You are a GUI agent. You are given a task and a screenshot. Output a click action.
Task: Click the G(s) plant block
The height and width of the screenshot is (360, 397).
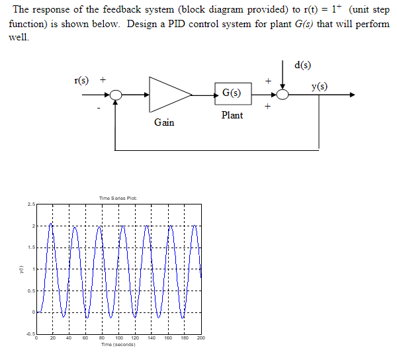click(232, 95)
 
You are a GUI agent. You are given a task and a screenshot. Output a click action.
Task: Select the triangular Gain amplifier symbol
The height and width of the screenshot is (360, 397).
click(168, 95)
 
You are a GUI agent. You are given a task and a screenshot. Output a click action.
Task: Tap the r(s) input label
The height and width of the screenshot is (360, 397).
click(81, 80)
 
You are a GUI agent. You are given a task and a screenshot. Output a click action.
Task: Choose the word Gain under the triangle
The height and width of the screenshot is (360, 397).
click(164, 122)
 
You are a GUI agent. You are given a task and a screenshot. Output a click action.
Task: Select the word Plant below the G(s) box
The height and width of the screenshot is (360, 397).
click(232, 115)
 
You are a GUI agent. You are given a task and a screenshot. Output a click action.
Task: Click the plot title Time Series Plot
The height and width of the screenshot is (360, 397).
click(116, 198)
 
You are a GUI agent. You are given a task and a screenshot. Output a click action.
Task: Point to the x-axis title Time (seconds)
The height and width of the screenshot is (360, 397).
click(118, 344)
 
